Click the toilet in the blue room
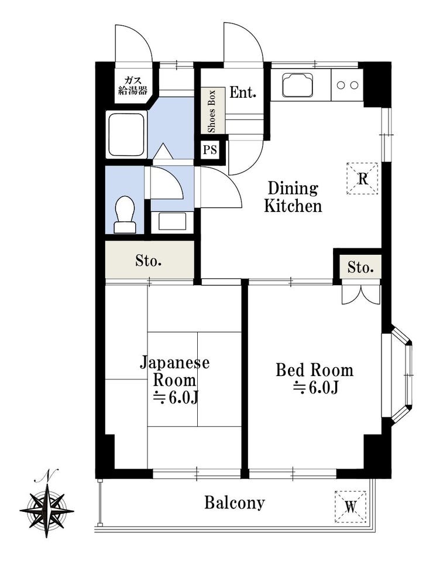pos(125,215)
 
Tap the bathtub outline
pos(126,135)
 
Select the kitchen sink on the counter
pos(297,85)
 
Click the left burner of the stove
pos(341,86)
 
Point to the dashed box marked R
pos(362,179)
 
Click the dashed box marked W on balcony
pos(350,507)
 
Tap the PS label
pos(210,149)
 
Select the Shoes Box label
pos(212,111)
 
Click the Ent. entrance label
pos(243,93)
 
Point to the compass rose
pos(47,510)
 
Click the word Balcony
pos(235,503)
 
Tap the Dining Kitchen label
pos(293,197)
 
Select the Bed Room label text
pos(314,378)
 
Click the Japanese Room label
pos(174,380)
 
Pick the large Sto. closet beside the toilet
pos(149,259)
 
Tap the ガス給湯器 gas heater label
pos(133,86)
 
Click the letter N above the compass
pos(47,476)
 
